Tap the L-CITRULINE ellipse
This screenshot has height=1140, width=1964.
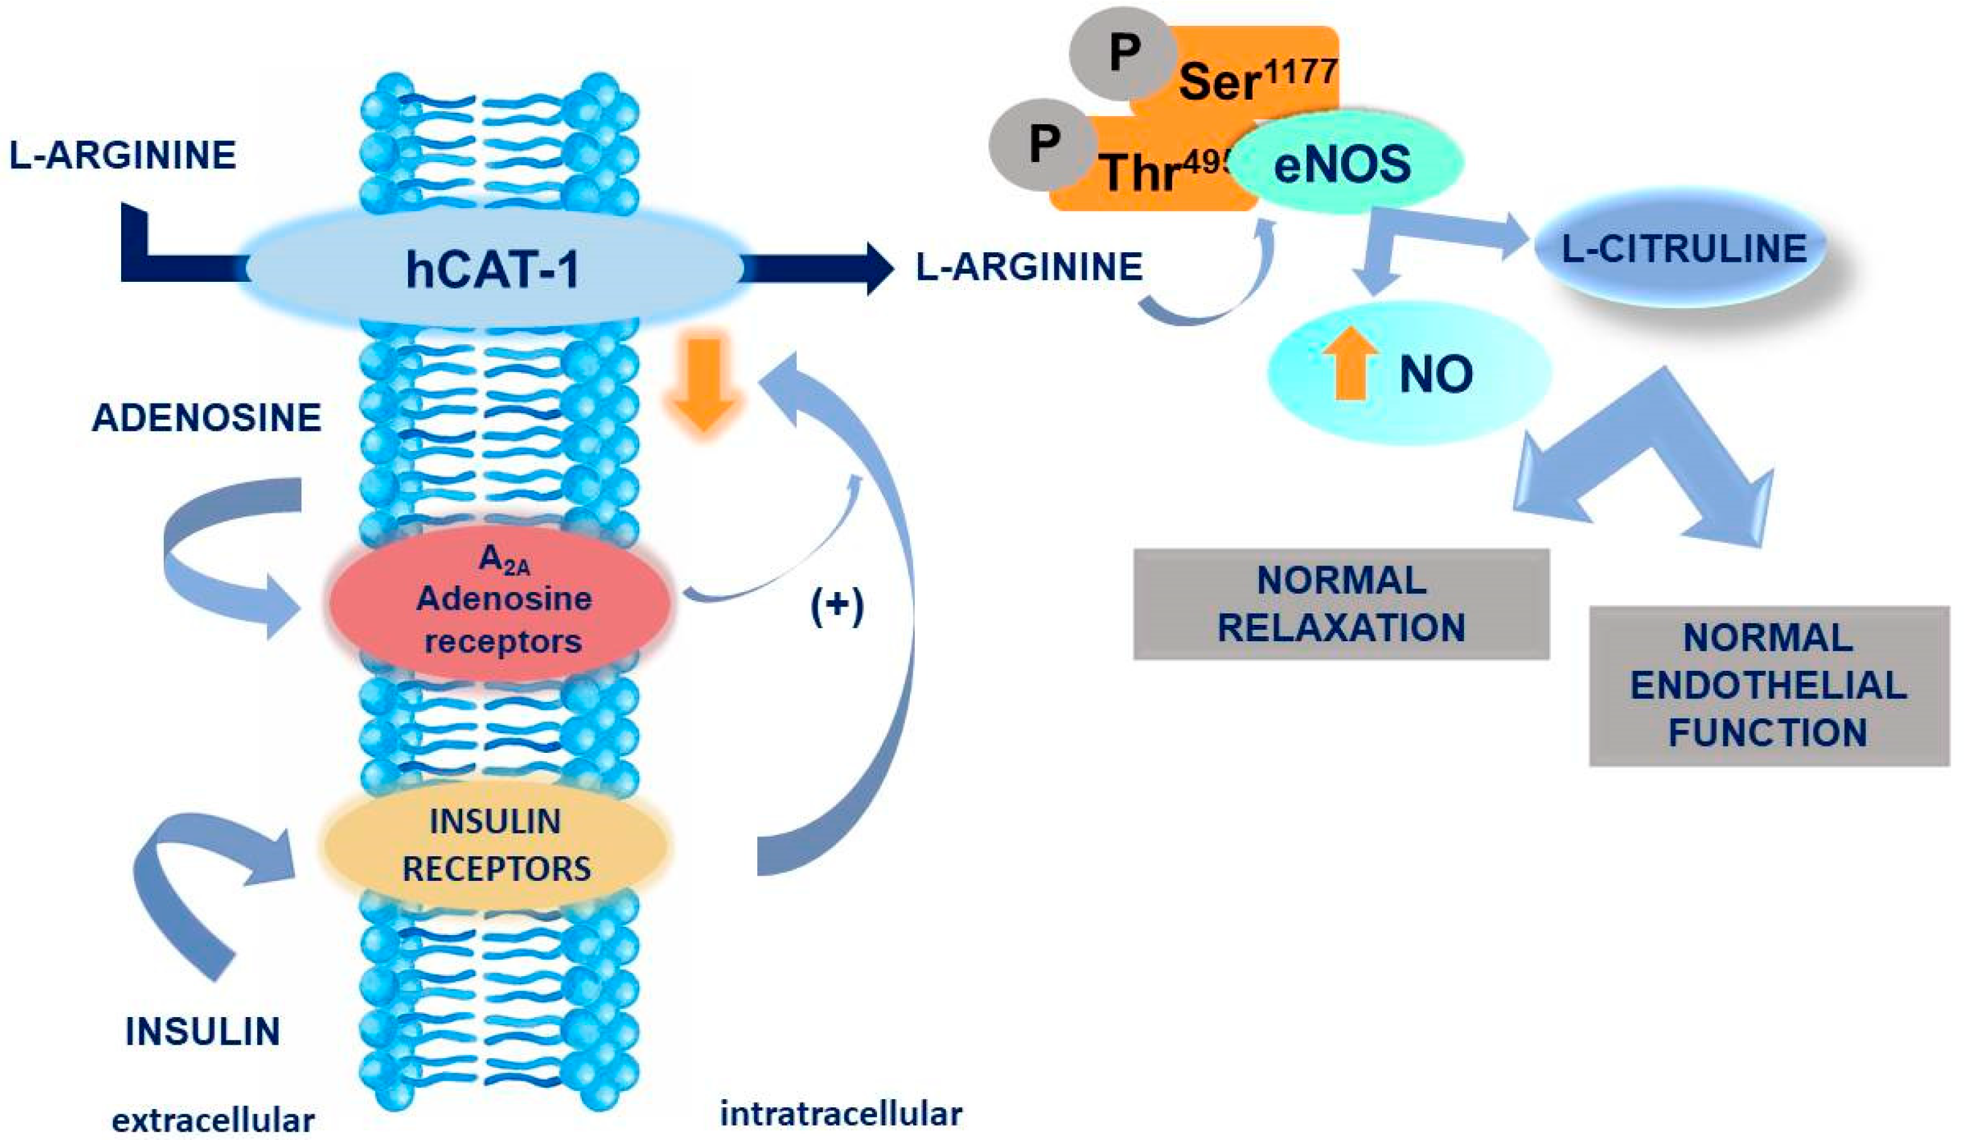(x=1683, y=248)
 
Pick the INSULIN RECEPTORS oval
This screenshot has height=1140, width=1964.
(x=496, y=845)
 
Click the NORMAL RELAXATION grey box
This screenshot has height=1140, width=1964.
(x=1340, y=604)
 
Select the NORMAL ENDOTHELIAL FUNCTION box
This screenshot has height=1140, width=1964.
(x=1768, y=686)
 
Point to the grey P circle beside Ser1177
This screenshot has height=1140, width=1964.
(x=1122, y=53)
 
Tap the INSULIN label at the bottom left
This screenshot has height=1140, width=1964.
(x=202, y=1032)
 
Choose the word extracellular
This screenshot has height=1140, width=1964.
(x=212, y=1120)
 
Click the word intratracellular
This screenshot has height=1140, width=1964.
(x=840, y=1114)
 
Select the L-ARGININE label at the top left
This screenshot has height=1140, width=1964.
(x=123, y=155)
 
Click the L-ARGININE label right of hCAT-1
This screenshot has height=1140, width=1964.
(x=1029, y=267)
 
